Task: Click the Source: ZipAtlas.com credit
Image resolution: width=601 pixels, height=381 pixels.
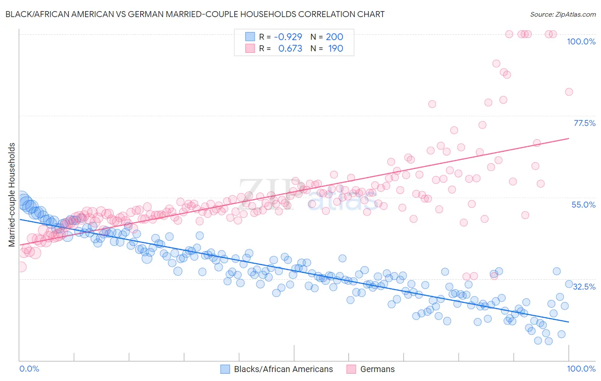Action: click(x=563, y=14)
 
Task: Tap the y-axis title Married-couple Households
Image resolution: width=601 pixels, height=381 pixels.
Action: click(x=12, y=194)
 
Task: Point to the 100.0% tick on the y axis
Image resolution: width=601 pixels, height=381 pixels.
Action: click(x=581, y=41)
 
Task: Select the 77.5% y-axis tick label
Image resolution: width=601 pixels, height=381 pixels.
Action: click(x=584, y=123)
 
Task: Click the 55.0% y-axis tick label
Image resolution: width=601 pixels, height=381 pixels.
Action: click(x=583, y=205)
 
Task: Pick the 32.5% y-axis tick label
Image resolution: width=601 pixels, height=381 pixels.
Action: click(x=584, y=286)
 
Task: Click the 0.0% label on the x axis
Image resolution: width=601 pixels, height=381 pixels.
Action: click(x=29, y=369)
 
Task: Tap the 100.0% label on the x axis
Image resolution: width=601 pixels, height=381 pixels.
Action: click(x=581, y=369)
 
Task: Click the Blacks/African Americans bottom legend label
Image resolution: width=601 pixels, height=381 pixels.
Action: click(x=283, y=369)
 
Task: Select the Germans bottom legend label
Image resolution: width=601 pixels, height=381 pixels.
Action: click(x=377, y=369)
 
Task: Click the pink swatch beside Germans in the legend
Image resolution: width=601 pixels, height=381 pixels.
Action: click(x=351, y=369)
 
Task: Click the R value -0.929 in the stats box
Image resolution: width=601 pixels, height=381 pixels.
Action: click(x=288, y=37)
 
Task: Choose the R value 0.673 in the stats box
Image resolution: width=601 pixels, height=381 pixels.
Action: click(x=290, y=48)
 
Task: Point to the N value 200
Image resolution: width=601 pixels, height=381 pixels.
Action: click(x=335, y=37)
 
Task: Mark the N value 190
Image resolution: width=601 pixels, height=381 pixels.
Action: click(x=336, y=48)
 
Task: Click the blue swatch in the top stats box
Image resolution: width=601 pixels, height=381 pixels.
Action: click(x=250, y=37)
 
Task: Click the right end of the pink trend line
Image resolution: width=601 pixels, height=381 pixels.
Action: click(x=569, y=138)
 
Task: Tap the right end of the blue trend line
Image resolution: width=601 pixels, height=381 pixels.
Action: click(x=569, y=321)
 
